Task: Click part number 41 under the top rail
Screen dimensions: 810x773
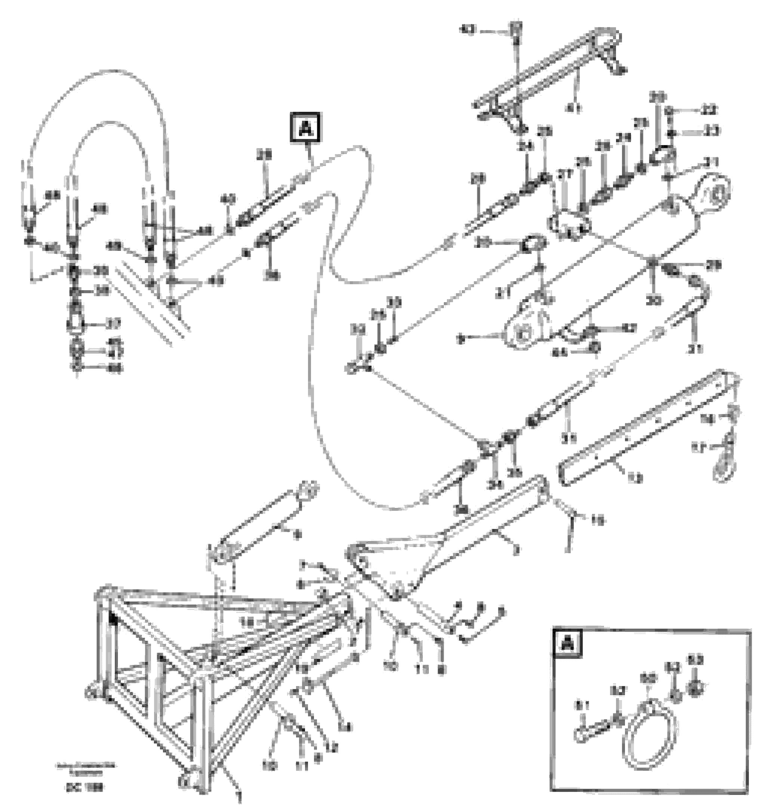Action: click(573, 108)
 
